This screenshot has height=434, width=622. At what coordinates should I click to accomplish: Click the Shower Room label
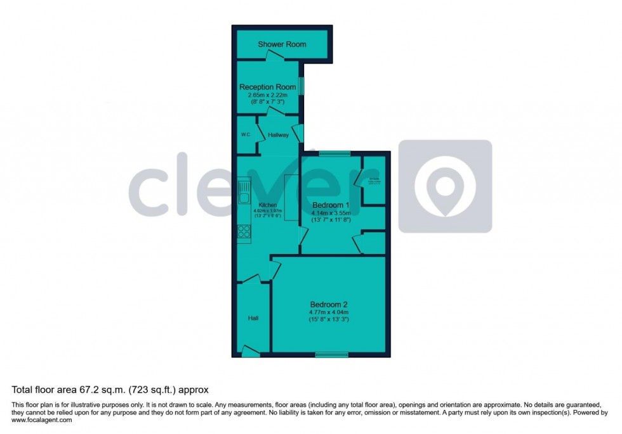coord(282,44)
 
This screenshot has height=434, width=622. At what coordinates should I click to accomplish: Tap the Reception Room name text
coord(267,87)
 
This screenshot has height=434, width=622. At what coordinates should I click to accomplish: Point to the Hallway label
coord(278,135)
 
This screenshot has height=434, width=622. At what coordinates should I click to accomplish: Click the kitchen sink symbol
coord(244,193)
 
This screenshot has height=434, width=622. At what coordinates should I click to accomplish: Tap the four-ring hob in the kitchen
coord(244,232)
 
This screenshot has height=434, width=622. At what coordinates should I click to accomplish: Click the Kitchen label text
coord(267,205)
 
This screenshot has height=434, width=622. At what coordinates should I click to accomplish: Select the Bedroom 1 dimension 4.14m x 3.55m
coord(330,214)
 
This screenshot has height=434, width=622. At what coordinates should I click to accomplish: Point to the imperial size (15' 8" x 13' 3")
coord(329,319)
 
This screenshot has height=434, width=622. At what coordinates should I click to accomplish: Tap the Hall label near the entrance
coord(253,318)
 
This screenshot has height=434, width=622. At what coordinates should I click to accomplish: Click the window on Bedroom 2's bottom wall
coord(332,355)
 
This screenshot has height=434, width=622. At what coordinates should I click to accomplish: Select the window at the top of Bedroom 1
coord(334,153)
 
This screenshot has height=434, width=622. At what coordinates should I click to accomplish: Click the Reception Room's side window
coord(301,86)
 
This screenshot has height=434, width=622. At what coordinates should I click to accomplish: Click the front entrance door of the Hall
coord(251,350)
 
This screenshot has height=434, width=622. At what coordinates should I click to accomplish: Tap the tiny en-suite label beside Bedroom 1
coord(374,181)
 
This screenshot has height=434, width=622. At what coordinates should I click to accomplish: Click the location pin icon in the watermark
coord(444,186)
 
